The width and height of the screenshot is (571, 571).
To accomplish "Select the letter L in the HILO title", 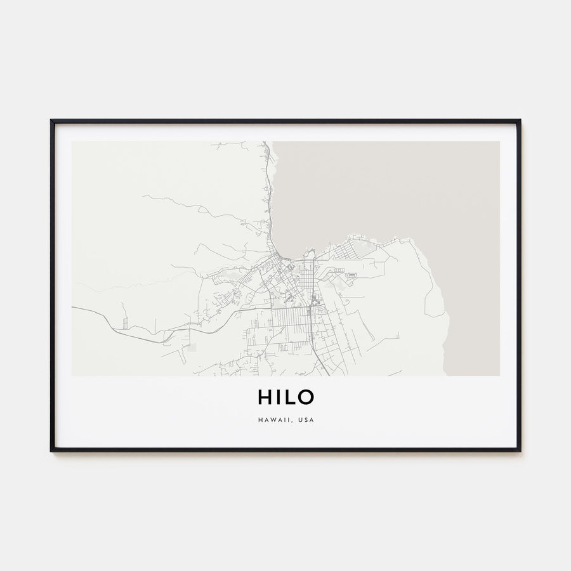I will pos(289,397).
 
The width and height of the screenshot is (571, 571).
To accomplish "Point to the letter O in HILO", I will pos(305,397).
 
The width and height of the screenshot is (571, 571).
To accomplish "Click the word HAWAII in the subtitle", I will pos(275,420).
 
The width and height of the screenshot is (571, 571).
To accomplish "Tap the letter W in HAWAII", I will pos(272,420).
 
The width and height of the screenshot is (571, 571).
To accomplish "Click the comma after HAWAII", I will pos(294,422).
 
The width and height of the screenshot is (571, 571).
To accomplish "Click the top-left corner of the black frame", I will pos(51,121).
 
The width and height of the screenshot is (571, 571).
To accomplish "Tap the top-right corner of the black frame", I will pos(520,121).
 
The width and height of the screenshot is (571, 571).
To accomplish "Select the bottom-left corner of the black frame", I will pos(51,450).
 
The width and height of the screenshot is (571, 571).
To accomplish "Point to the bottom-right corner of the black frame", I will pos(520,450).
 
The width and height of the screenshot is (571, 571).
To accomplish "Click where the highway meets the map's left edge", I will pos(72,308).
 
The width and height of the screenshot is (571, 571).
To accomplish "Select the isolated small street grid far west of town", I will pos(125,323).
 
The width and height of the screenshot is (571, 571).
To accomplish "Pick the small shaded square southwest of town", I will pos(192,347).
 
